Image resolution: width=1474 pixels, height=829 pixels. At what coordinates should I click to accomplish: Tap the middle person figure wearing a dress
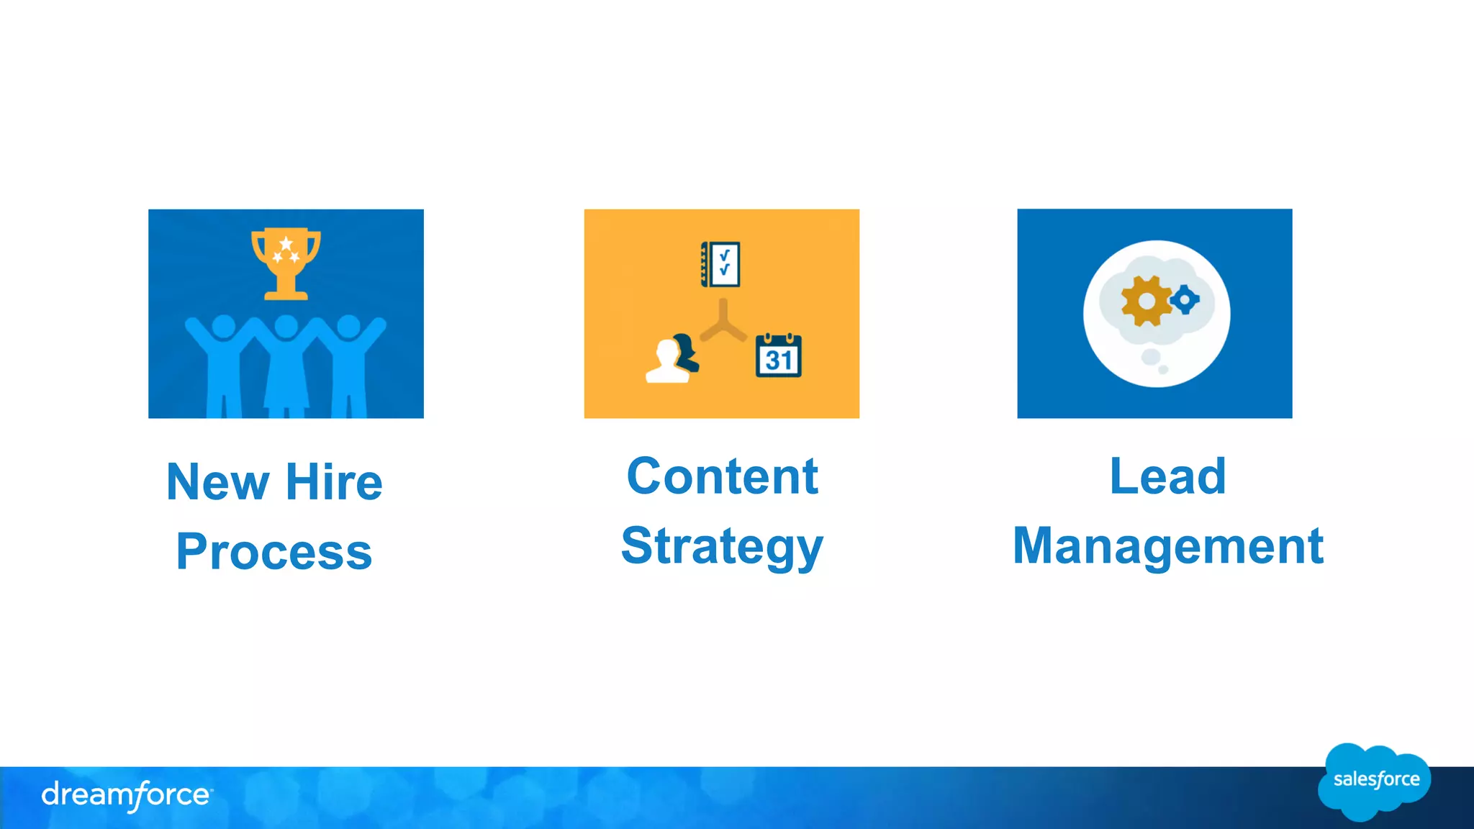coord(286,367)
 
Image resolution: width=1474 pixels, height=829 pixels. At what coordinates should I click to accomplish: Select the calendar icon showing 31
coord(779,355)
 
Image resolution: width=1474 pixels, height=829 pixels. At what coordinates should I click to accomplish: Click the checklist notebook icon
coord(720,264)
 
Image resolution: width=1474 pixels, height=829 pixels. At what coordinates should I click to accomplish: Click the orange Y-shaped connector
coord(723,323)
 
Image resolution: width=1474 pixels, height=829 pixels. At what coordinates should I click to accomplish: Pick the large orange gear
coord(1146,301)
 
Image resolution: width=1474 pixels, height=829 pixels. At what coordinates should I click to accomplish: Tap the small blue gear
coord(1185,299)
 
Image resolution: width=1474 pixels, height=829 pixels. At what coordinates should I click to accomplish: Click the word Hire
coord(334,482)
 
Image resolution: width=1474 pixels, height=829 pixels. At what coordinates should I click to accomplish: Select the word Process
coord(274,552)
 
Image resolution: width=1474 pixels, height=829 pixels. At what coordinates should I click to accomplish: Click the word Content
coord(722,476)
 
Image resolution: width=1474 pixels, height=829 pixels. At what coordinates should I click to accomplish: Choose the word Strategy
coord(722,547)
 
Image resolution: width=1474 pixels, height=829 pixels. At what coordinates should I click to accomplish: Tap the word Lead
coord(1167,476)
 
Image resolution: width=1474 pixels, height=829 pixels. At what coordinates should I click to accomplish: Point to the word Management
coord(1167,546)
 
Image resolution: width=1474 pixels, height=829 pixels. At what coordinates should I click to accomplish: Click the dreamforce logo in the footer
coord(127,795)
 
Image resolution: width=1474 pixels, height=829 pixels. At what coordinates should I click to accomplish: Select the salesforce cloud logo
coord(1374,782)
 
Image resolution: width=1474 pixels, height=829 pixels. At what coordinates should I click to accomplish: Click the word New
coord(218,482)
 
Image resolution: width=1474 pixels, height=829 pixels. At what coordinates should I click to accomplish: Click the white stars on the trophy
coord(286,250)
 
